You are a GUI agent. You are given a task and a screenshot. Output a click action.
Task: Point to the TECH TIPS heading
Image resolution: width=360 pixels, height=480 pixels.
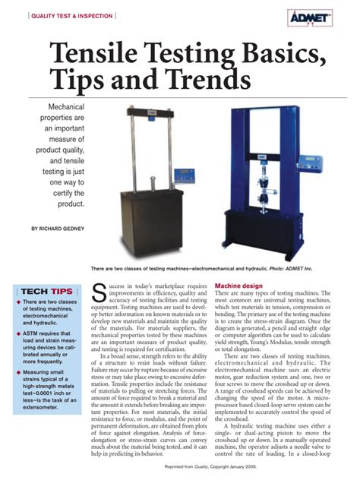(47, 291)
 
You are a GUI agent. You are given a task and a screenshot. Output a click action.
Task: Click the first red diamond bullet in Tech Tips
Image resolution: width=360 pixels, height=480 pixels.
(19, 303)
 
